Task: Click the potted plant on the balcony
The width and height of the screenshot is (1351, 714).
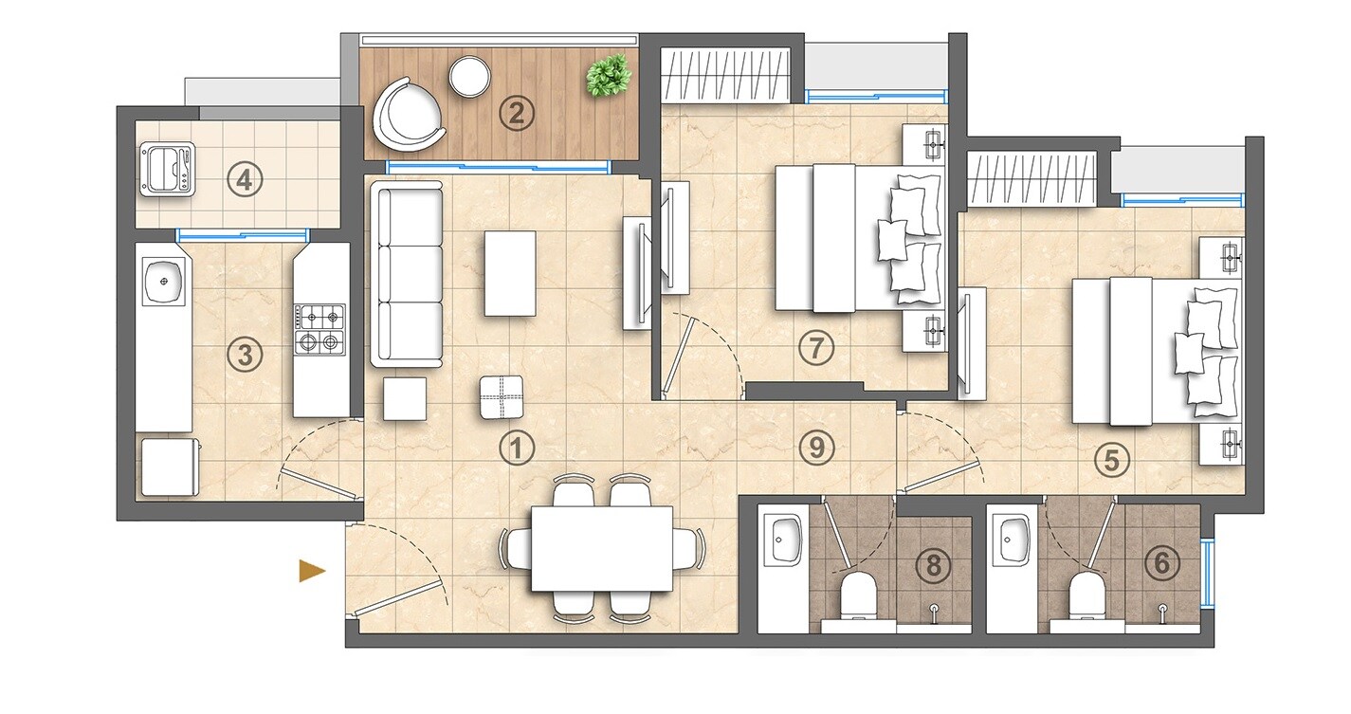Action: [609, 76]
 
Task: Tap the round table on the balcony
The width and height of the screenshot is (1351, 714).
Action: [468, 77]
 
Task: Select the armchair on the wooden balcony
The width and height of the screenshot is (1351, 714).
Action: [410, 114]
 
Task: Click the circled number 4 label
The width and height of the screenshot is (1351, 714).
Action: [245, 179]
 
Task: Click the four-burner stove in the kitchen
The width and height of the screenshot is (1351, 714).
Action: [319, 328]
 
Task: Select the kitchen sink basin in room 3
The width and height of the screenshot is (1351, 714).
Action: [163, 283]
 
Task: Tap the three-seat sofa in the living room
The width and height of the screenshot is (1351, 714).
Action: [407, 274]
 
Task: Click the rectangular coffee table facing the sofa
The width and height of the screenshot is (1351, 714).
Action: [510, 273]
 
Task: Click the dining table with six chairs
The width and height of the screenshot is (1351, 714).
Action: [602, 549]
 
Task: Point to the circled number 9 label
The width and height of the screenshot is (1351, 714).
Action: [815, 447]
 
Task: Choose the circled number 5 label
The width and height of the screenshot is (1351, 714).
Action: [1111, 461]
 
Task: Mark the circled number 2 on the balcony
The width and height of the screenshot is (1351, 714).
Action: [517, 115]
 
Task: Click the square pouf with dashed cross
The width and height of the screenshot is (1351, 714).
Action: [502, 396]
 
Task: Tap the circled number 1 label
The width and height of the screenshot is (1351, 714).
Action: [517, 448]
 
